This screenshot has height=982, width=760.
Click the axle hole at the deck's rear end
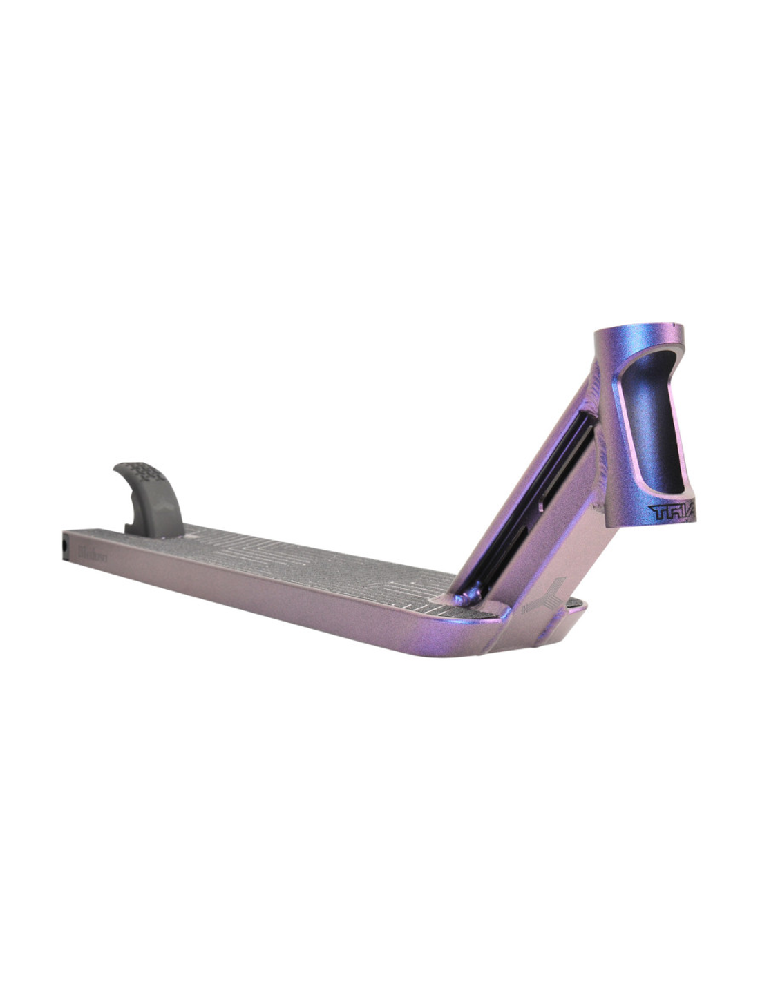pyautogui.click(x=66, y=546)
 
